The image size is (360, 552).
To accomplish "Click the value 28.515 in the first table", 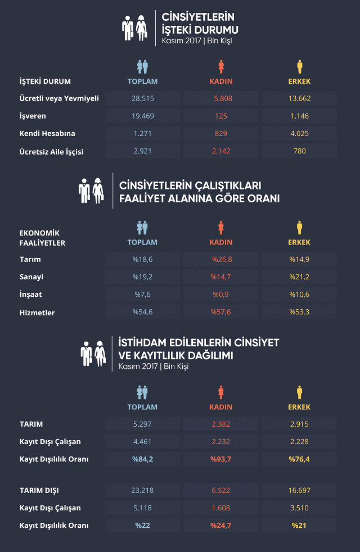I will [142, 98].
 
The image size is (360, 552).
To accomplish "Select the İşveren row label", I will [33, 116].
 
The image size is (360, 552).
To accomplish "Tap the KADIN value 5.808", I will [221, 98].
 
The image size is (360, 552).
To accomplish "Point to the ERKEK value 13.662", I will [299, 98].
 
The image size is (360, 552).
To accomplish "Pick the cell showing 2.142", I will [221, 151].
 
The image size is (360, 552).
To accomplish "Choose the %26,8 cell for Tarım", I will [221, 259].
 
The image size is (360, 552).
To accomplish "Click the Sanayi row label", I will [31, 277].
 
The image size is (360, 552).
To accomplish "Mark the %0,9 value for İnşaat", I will [221, 295].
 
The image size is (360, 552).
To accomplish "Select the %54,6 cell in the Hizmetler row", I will [142, 312].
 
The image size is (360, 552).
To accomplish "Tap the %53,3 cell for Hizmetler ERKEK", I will [299, 312].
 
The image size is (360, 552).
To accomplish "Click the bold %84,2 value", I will [142, 459].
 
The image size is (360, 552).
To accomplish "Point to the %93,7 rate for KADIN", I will [221, 459].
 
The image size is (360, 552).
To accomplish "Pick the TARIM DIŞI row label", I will [39, 490].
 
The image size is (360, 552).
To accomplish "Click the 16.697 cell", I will [299, 490].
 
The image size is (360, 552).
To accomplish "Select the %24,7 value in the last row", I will [221, 526].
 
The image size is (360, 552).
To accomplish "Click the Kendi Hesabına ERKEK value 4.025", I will [299, 133].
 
